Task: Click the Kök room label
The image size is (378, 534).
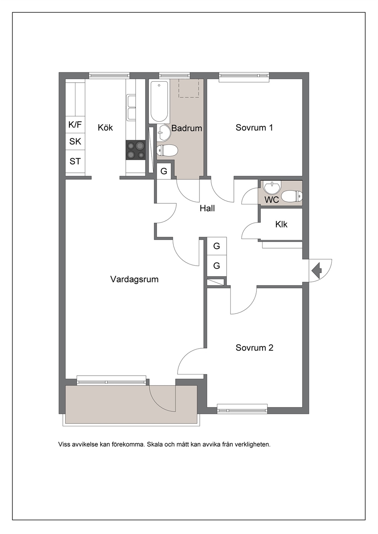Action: [x=105, y=128]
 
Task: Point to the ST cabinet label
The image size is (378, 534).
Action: [x=75, y=161]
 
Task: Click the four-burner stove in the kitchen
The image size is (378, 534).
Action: [x=136, y=150]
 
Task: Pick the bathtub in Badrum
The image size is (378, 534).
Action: [x=159, y=102]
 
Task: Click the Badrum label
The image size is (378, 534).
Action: [x=187, y=128]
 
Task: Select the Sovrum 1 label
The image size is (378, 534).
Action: [x=254, y=128]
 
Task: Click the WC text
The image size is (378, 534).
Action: [x=272, y=199]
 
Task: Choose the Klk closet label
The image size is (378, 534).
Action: [x=281, y=224]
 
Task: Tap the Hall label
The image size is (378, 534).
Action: [x=207, y=208]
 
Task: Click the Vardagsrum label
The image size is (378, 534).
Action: [x=135, y=279]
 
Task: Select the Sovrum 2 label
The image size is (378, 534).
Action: [x=255, y=348]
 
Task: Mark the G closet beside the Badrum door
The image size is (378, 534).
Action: [x=164, y=171]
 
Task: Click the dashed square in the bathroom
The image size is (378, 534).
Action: [x=189, y=88]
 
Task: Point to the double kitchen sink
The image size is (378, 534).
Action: [x=131, y=107]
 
